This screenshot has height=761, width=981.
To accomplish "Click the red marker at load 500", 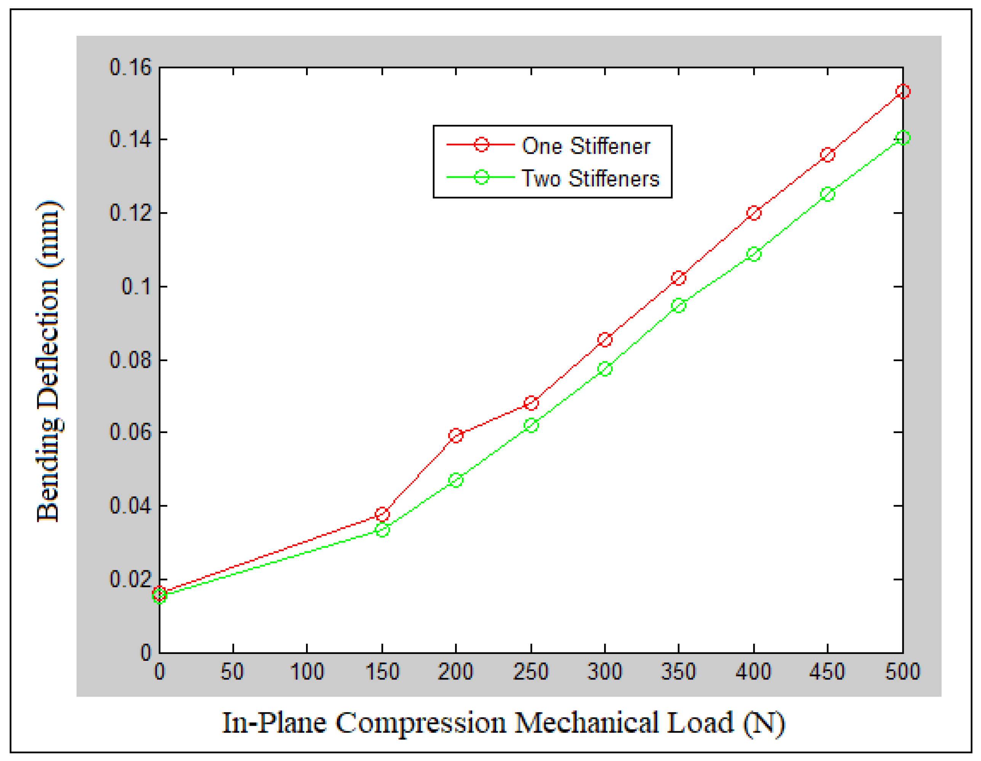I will tap(902, 91).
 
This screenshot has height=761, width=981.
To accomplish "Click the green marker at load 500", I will tap(902, 137).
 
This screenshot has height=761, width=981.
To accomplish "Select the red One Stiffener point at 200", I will tap(455, 435).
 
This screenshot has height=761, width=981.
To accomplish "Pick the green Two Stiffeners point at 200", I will tap(455, 480).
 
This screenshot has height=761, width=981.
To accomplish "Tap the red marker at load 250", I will tap(531, 403).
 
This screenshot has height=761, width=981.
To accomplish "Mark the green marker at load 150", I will tap(382, 530).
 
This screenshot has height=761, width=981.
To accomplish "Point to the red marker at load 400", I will tap(754, 213).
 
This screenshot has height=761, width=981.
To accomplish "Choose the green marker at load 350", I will tap(678, 306).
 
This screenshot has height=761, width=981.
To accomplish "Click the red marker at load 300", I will tap(604, 339).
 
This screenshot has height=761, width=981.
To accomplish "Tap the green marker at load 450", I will tap(827, 194).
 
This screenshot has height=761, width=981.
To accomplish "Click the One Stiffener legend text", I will tap(586, 146).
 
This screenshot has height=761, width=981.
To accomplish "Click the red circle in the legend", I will tap(481, 145).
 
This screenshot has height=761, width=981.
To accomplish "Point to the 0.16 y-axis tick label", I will tap(131, 67).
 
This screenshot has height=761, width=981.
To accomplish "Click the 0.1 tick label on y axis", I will tap(136, 286).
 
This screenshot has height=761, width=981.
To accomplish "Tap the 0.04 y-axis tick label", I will tap(131, 505).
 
